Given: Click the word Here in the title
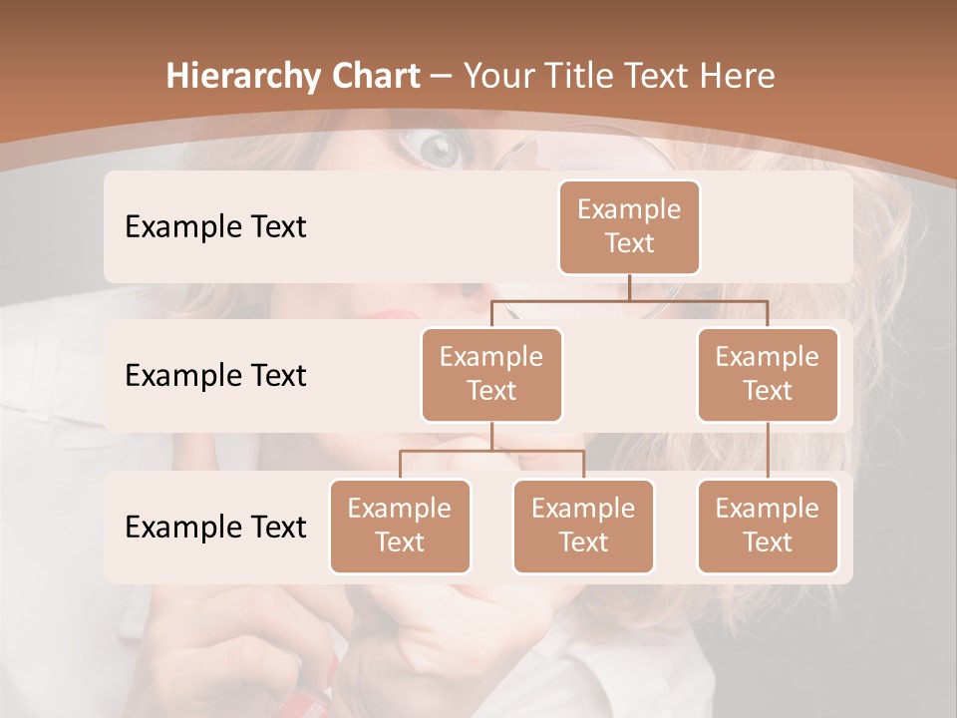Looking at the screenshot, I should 735,77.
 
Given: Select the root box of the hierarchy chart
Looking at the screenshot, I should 629,226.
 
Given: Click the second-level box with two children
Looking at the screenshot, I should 491,374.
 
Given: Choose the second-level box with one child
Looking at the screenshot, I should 768,374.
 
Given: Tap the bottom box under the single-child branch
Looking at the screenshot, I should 768,526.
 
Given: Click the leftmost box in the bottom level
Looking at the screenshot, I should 400,526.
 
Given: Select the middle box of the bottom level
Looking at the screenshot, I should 583,526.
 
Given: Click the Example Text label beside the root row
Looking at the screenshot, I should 215,226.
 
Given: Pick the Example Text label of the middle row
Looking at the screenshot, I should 215,375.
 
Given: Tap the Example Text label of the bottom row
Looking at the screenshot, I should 215,527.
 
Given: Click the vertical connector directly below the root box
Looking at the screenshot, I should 629,287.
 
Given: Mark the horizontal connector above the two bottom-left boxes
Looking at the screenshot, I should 491,451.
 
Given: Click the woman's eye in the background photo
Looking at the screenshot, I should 439,151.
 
